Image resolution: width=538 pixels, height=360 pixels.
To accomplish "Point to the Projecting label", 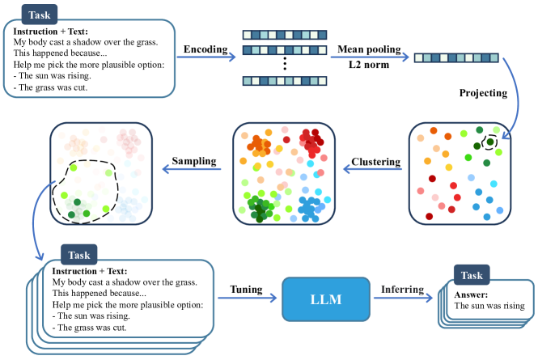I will [x=482, y=92].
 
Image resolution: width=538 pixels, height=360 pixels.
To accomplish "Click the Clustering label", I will [x=375, y=162].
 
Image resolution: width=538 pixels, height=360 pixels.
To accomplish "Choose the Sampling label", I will [x=195, y=162].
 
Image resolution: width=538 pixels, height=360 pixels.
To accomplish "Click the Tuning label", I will [x=247, y=287].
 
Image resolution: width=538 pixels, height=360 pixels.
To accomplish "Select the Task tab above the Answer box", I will [x=472, y=275].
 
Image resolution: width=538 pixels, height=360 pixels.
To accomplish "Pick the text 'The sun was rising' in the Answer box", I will [x=489, y=306].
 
